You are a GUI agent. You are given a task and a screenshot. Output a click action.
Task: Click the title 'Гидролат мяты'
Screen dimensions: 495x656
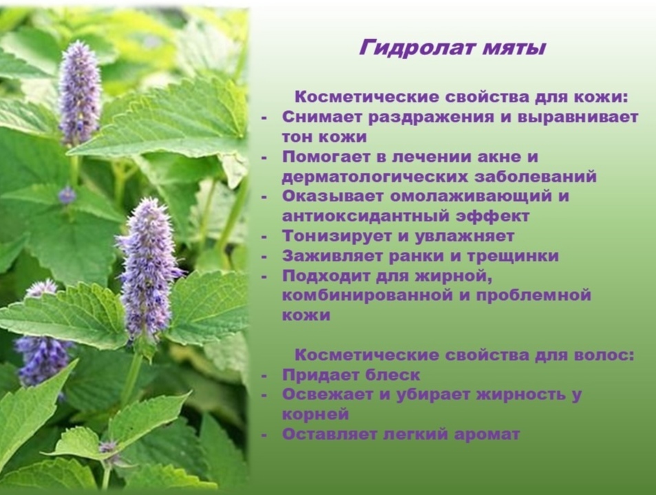coord(452,49)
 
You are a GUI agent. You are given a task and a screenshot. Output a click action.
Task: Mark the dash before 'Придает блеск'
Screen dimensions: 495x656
coord(266,376)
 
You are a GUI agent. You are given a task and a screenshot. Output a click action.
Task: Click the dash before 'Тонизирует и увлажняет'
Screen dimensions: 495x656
coord(266,236)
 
